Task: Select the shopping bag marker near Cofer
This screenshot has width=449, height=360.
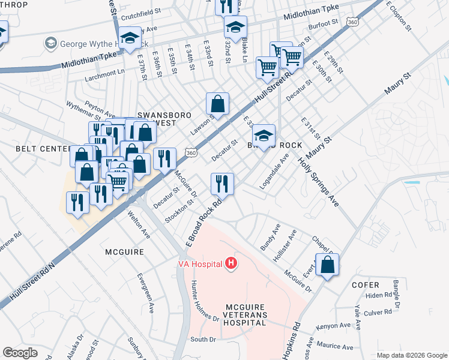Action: coord(327,265)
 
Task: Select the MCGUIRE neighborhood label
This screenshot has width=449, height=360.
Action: coord(124,252)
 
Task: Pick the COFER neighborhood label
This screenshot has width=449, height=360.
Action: coord(366,285)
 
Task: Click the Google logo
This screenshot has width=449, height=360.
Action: coord(20,352)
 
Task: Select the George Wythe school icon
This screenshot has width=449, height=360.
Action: coord(50,44)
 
